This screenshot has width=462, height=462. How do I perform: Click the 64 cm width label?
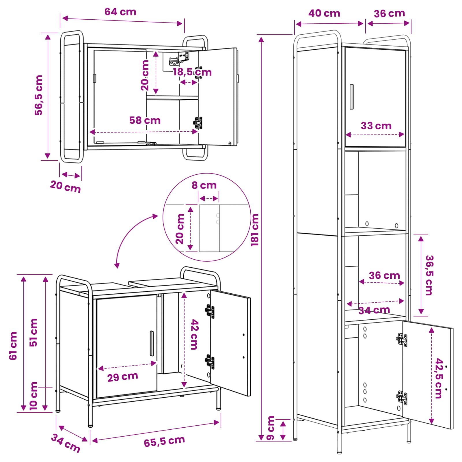click(x=120, y=12)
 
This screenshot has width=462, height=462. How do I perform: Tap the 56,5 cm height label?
click(x=38, y=95)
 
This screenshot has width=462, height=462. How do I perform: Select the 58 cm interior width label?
click(x=145, y=120)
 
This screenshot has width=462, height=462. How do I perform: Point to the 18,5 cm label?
click(x=192, y=72)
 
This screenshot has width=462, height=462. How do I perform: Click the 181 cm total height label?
click(x=255, y=230)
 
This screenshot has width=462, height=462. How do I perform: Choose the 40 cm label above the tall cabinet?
click(x=324, y=13)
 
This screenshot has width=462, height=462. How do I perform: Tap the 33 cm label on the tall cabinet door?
click(x=376, y=126)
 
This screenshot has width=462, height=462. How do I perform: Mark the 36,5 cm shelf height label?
click(x=429, y=275)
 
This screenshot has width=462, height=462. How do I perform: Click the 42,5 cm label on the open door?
click(x=439, y=378)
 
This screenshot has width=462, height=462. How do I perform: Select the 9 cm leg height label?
click(x=270, y=428)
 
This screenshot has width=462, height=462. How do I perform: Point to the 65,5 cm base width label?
click(x=164, y=441)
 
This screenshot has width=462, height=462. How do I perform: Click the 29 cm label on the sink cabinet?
click(x=123, y=377)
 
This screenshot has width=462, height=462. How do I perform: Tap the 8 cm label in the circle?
click(x=204, y=185)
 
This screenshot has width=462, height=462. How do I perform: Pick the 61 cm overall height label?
click(x=13, y=346)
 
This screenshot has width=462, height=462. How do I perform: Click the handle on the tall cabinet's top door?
click(x=352, y=97)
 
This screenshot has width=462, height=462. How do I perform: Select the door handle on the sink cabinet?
click(x=152, y=344)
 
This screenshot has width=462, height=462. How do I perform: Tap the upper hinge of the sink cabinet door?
click(x=210, y=311)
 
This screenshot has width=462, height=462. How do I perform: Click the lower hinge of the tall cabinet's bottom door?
click(x=402, y=398)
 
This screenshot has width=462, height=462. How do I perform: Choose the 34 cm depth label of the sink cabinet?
click(x=66, y=443)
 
